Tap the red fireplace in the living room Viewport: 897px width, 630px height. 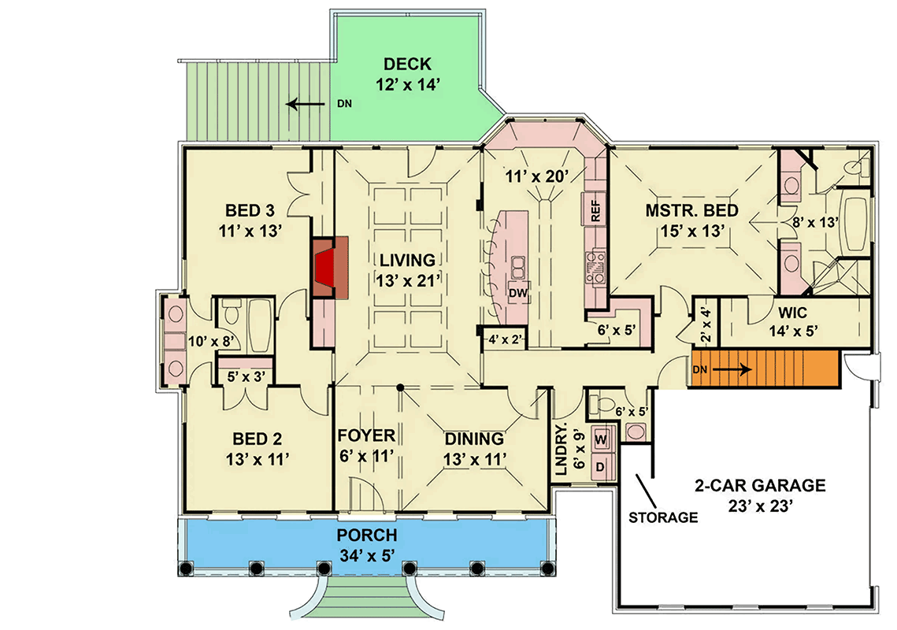pos(324,268)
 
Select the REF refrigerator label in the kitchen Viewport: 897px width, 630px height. pos(596,210)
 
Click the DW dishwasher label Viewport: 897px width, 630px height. pos(517,293)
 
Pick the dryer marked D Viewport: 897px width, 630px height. pos(600,466)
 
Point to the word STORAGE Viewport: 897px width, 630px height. pos(663,517)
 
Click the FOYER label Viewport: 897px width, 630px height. pos(366,436)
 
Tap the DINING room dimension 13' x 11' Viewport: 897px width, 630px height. pos(473,458)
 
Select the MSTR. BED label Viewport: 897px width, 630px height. pos(691,210)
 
